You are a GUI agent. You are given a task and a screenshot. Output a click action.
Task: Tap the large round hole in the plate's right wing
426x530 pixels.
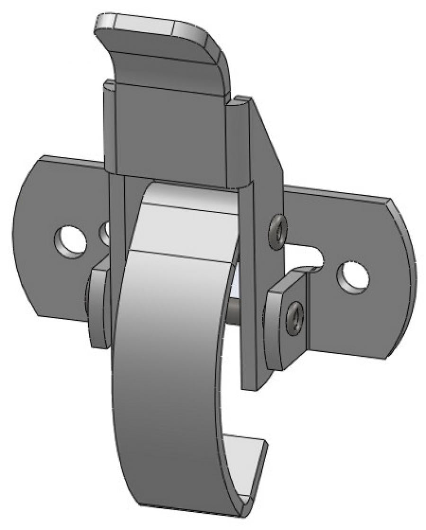click(x=353, y=276)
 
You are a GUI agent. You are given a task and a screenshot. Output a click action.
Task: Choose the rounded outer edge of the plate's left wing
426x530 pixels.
click(x=21, y=232)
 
